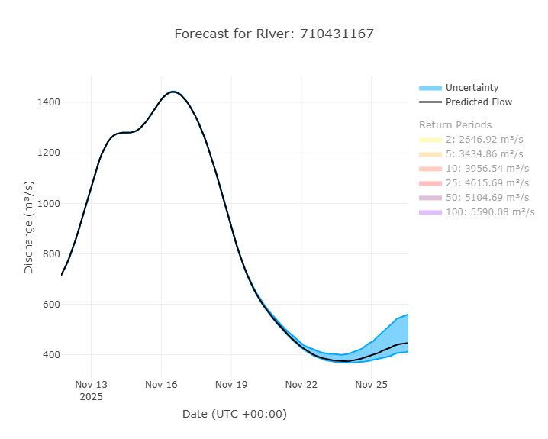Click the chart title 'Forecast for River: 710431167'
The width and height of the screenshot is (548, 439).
tap(274, 34)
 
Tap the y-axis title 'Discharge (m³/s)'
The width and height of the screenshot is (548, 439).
tap(29, 228)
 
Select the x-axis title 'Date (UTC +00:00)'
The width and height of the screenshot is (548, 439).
tap(234, 414)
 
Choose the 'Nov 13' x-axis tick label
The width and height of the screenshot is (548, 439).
tap(91, 385)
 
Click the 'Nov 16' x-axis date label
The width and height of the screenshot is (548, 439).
tap(161, 385)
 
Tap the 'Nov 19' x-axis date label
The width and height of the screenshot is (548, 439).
tap(231, 385)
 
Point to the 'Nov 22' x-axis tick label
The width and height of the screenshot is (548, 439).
tap(301, 385)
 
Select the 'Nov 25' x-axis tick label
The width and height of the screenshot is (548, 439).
tap(372, 385)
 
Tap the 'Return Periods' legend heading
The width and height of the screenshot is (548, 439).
tap(455, 125)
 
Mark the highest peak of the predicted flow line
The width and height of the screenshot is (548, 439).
tap(173, 92)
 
